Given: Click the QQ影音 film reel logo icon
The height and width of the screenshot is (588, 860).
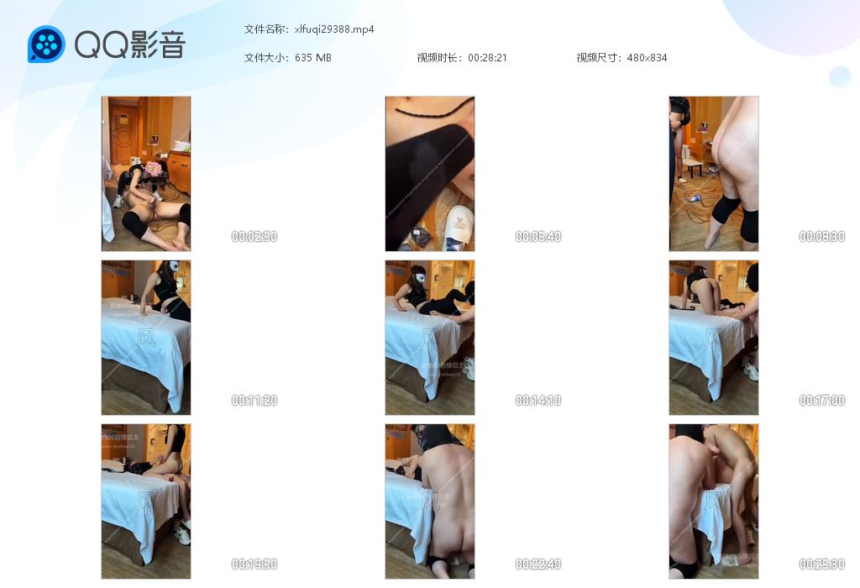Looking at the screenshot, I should [46, 45].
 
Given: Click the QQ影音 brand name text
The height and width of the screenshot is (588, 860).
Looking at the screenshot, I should [129, 45].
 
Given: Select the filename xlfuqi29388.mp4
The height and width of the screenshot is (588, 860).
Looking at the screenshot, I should [334, 29].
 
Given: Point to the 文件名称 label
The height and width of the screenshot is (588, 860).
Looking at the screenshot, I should [266, 29].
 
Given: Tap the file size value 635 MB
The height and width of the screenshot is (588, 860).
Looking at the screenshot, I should [313, 58].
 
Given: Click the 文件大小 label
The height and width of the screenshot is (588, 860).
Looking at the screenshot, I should [266, 58].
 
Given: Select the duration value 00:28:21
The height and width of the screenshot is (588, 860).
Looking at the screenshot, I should [487, 58].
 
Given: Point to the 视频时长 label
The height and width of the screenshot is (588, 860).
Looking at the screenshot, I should [439, 58].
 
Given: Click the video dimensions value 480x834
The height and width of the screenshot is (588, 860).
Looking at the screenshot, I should [647, 58].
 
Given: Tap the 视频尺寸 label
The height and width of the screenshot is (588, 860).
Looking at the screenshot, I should [599, 58].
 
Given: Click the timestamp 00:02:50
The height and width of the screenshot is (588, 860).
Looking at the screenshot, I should [254, 237].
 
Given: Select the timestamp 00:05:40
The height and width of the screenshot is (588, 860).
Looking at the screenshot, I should [538, 237].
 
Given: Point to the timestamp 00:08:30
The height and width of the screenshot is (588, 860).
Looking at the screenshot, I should [822, 237].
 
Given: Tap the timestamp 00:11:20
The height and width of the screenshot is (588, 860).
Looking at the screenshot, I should [254, 401].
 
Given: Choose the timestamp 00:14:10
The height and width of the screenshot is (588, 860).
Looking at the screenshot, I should [538, 401].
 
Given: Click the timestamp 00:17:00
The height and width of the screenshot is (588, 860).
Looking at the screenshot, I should [822, 401].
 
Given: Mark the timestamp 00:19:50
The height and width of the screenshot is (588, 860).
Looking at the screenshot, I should [254, 564].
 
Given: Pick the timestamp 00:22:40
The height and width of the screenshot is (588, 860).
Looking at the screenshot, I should [538, 564].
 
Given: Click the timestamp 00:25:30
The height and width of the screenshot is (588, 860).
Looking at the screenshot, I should [822, 564].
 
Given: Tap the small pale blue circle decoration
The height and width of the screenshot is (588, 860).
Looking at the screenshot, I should [840, 76].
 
